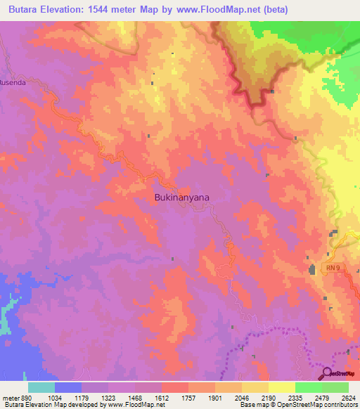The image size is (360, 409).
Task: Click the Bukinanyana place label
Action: pos(181,198)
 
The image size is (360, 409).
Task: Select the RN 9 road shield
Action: pos(333,268)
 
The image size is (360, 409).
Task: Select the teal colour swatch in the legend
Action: pos(41,387)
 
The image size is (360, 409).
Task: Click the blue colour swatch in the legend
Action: pos(67,387)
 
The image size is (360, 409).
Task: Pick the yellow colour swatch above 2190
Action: pos(255,387)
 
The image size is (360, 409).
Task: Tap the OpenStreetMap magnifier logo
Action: pos(326,373)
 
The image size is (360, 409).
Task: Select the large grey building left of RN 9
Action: pos(311,268)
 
